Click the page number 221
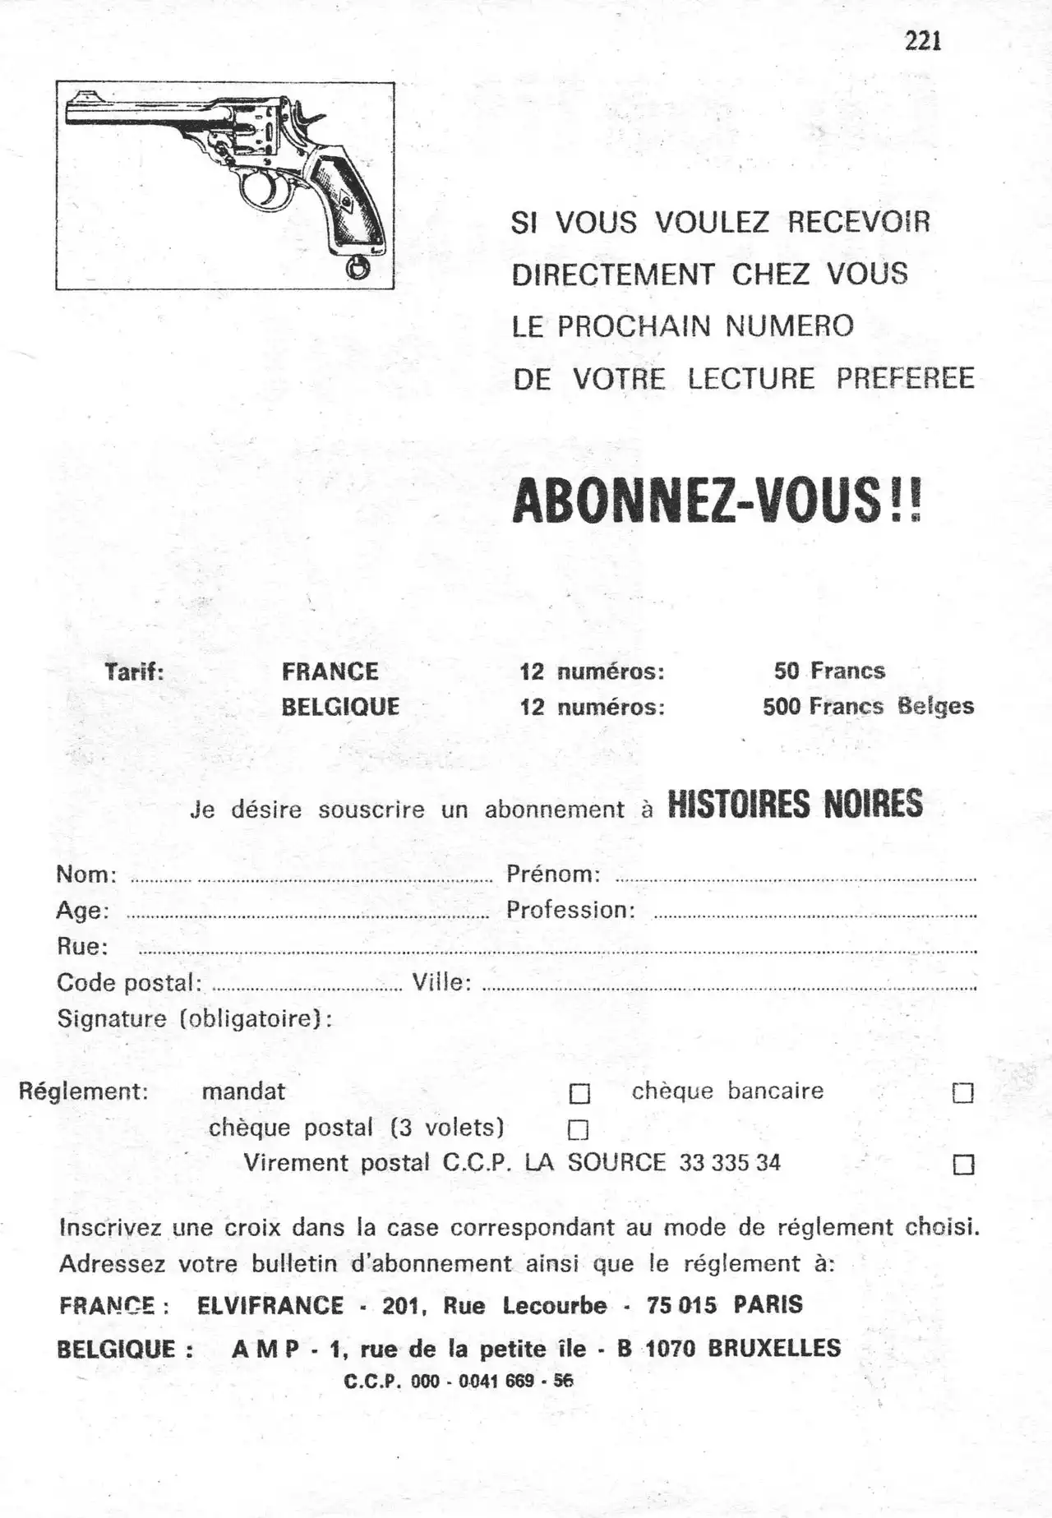click(922, 40)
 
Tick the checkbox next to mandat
click(579, 1094)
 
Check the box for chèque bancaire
click(962, 1093)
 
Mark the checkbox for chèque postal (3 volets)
click(579, 1130)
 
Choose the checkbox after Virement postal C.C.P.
click(962, 1165)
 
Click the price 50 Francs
click(829, 671)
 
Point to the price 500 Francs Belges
click(868, 707)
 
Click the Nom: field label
click(86, 874)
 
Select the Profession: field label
click(570, 911)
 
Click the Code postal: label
click(129, 983)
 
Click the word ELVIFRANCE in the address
click(270, 1305)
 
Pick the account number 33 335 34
click(730, 1163)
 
